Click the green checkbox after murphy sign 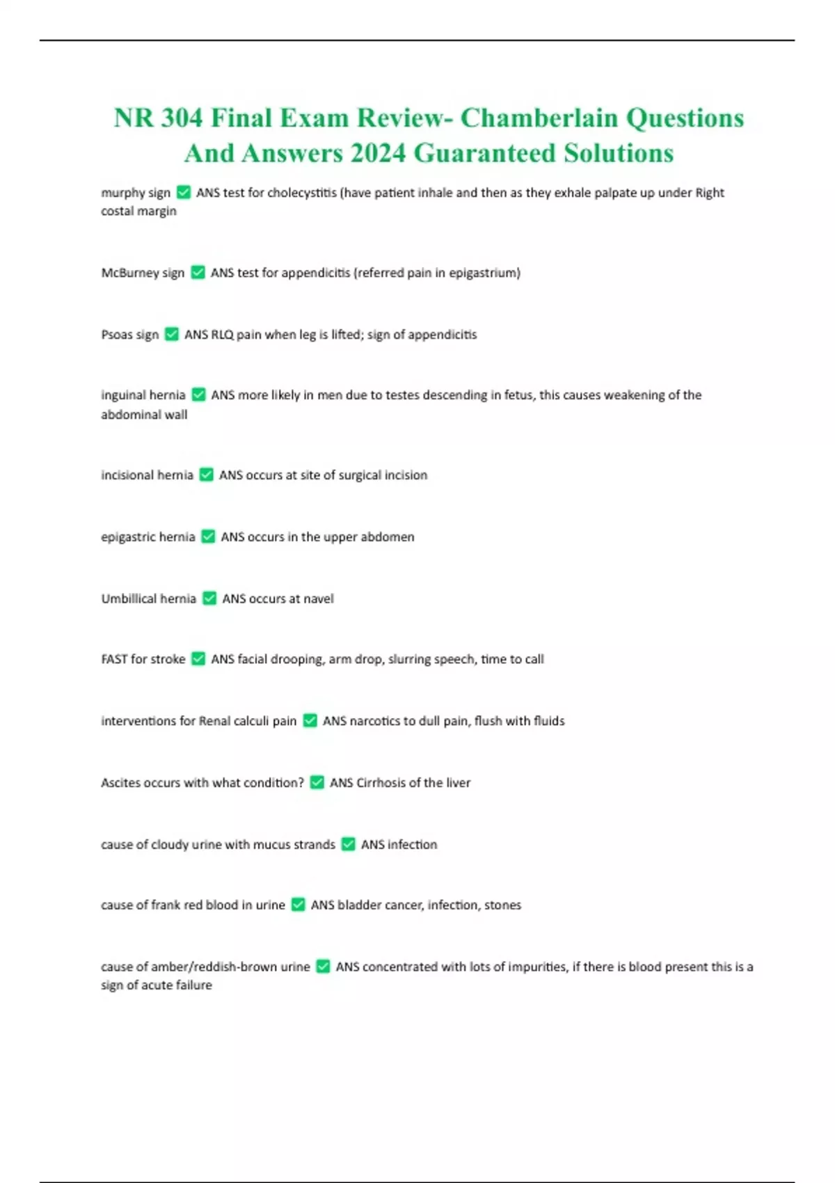(x=184, y=192)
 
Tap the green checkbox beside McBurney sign (x=198, y=272)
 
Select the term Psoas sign (x=130, y=335)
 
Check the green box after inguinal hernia (x=198, y=395)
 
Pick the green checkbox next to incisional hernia (x=206, y=475)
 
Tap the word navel (x=318, y=598)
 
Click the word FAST (x=114, y=659)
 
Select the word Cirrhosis (x=380, y=783)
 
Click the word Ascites (x=120, y=783)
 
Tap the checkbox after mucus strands (x=349, y=844)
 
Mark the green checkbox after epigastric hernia (x=208, y=537)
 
